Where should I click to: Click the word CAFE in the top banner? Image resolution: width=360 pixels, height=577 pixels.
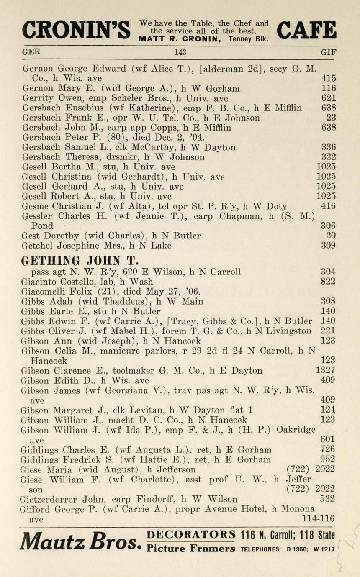[x=306, y=30]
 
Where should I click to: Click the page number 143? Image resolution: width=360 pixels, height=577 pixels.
[x=180, y=52]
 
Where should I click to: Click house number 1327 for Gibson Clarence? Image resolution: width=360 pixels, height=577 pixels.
[x=325, y=370]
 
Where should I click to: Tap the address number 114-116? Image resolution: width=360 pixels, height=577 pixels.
[x=318, y=518]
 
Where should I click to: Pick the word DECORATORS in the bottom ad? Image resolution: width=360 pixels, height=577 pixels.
[x=191, y=534]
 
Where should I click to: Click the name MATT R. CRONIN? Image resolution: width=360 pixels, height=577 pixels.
[x=182, y=39]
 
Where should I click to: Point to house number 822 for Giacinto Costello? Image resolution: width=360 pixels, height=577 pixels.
[x=328, y=282]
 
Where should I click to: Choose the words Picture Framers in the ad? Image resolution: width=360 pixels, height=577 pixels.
[x=191, y=549]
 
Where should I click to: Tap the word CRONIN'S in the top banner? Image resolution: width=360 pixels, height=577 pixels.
[x=76, y=30]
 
